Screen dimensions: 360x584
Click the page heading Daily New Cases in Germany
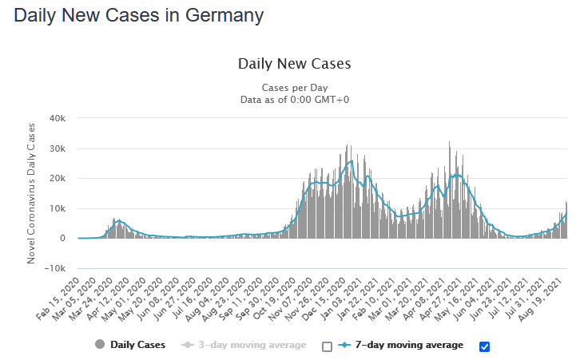coord(139,15)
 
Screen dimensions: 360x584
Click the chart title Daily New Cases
coord(294,64)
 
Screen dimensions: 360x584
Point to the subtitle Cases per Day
coord(294,87)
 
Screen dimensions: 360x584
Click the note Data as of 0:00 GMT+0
coord(294,99)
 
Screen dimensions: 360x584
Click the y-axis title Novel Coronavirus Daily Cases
coord(33,193)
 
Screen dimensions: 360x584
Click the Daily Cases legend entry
coord(138,345)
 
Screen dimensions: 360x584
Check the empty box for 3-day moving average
coord(327,346)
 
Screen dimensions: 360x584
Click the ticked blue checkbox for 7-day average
coord(483,346)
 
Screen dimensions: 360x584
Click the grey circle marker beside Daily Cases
coord(100,345)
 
